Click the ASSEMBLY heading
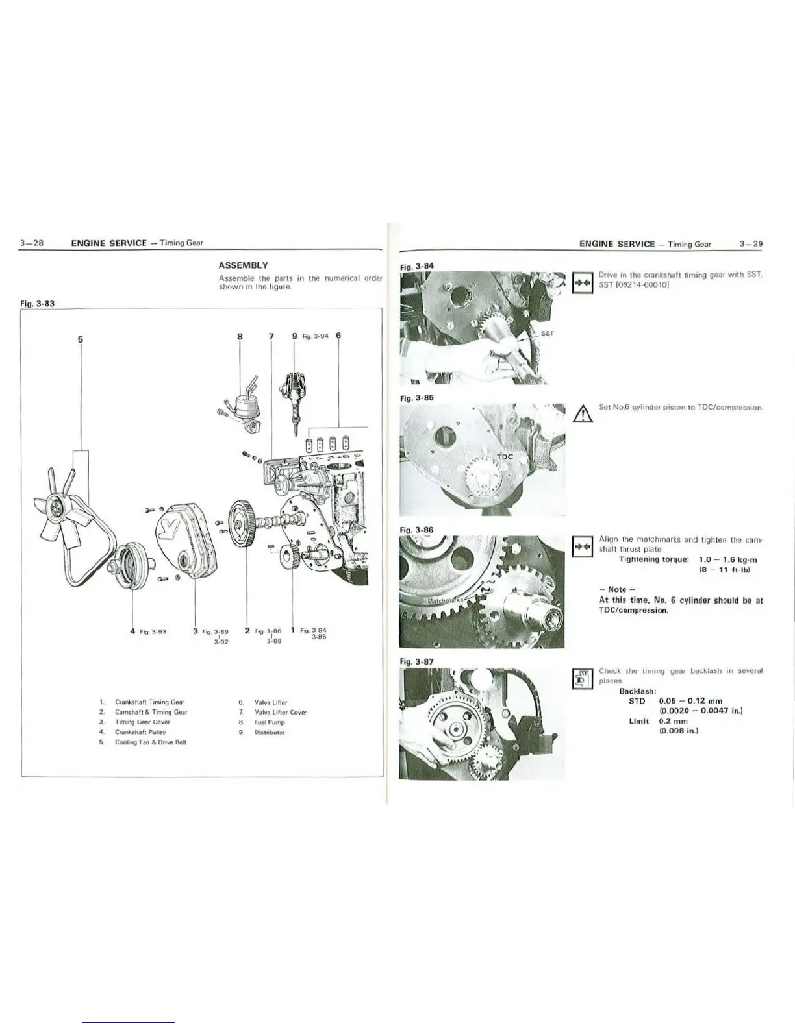[x=243, y=265]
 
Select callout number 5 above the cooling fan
[x=81, y=338]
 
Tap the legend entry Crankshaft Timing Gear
[x=149, y=702]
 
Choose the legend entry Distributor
[x=270, y=732]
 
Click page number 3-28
[x=31, y=243]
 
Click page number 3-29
[x=751, y=244]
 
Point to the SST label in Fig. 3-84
[x=546, y=334]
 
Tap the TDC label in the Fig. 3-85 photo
[x=505, y=457]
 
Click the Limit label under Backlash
[x=639, y=721]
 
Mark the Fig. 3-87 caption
[x=416, y=661]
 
